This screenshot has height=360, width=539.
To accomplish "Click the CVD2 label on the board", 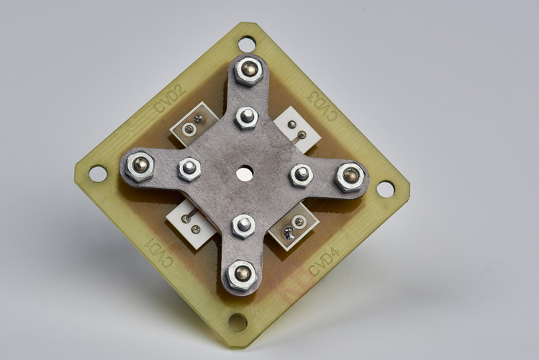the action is coord(171,99).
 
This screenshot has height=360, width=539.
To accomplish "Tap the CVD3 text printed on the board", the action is coord(322,105).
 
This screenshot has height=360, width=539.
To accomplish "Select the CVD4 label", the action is coord(324,261).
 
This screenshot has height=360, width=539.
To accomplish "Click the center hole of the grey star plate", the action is coord(244,172).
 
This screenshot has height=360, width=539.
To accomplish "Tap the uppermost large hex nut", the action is coord(248,71).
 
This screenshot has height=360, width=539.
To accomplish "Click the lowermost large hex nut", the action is coord(242,274).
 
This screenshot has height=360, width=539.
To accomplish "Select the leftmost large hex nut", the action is coord(140,167).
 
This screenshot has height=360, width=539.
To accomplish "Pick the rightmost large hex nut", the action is coord(350,177).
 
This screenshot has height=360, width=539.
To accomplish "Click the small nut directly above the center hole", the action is coord(246,117).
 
